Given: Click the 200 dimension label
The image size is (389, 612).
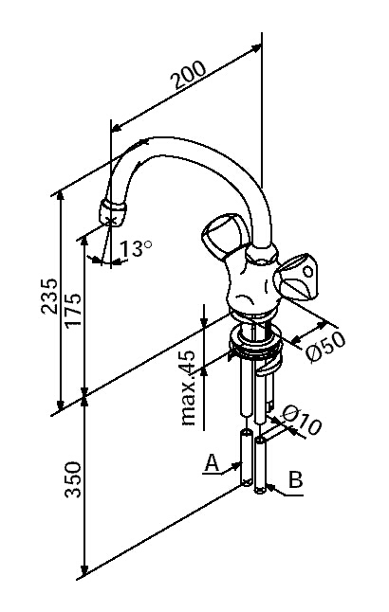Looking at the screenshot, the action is point(189,75).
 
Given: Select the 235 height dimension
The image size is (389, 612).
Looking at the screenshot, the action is point(50,296).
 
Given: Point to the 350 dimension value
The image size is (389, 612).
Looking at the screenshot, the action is point(73,479).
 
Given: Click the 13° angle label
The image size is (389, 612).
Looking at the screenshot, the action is point(136,248).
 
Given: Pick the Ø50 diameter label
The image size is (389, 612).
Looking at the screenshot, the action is point(325,346).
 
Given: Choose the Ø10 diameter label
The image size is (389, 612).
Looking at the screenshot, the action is point(302,420).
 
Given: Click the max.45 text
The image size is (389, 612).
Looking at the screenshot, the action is point(189,388).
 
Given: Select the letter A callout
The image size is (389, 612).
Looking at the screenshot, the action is point(212,463).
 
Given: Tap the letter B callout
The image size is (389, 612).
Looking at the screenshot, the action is point(296,479).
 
